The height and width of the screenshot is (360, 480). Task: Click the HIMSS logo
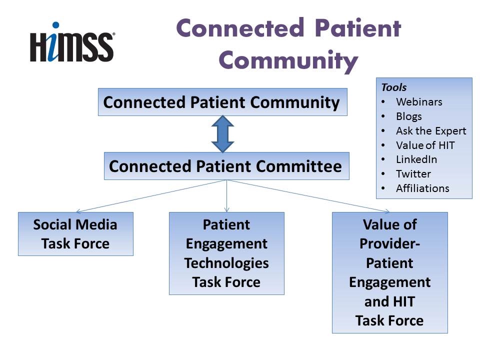[72, 43]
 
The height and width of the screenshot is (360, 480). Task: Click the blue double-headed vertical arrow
[223, 134]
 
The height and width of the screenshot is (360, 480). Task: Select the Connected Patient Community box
[222, 102]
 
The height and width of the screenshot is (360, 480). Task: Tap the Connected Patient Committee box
[226, 166]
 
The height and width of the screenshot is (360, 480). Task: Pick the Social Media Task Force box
[75, 234]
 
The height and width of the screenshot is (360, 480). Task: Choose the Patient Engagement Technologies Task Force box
[226, 253]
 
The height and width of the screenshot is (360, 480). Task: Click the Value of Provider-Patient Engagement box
[389, 272]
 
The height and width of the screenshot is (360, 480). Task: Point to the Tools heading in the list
[394, 87]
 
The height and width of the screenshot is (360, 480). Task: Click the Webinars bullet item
[419, 102]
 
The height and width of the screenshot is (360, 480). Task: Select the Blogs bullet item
[409, 116]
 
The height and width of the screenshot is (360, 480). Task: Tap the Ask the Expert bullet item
[431, 131]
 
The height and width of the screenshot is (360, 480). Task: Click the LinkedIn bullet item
[416, 159]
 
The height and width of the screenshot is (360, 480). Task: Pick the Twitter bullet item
[413, 174]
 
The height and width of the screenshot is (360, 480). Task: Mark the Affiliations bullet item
[422, 188]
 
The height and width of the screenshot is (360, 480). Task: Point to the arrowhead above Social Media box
[78, 211]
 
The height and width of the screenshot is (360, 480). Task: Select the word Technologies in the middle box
[226, 263]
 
